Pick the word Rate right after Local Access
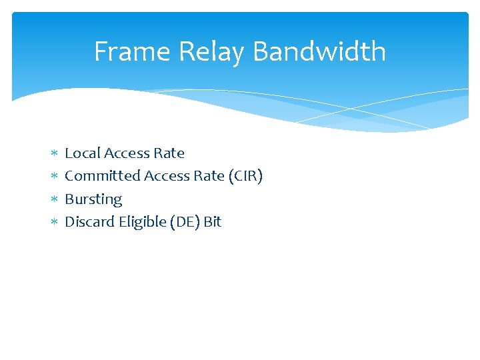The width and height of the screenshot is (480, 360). tap(169, 153)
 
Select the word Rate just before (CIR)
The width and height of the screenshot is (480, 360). tap(209, 176)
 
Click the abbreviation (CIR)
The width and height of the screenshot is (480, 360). tap(246, 176)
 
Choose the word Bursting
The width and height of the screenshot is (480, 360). tap(93, 199)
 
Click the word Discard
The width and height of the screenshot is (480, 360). tap(89, 222)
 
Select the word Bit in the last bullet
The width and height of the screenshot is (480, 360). tap(213, 222)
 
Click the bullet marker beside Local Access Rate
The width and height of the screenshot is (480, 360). tap(54, 153)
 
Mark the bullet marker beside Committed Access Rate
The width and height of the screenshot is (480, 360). tap(54, 177)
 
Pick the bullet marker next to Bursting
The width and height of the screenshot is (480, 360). tap(54, 199)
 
